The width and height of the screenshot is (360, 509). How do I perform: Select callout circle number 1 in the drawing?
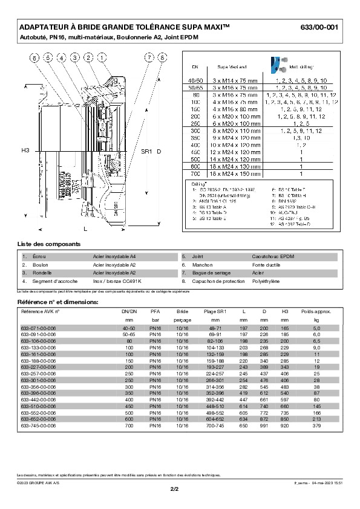point(102,58)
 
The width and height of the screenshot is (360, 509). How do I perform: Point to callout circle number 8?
point(162,58)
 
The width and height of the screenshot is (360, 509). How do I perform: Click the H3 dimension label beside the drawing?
point(25,149)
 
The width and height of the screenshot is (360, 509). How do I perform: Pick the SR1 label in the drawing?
point(146,151)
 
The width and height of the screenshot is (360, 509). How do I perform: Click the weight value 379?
point(316,425)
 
